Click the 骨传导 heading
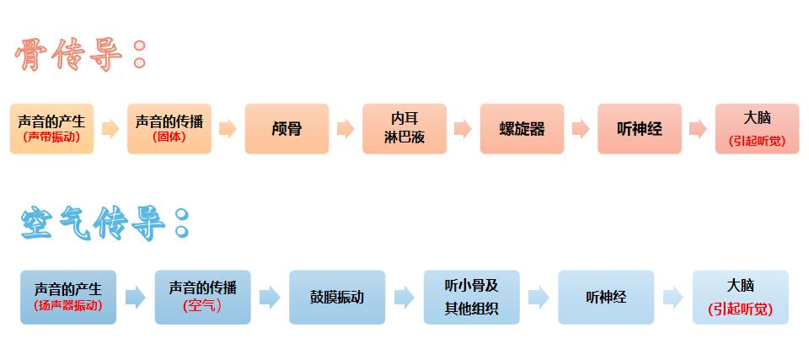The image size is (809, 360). (80, 56)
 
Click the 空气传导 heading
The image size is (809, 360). (101, 223)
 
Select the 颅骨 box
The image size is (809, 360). (287, 129)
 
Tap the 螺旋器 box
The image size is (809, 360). (522, 129)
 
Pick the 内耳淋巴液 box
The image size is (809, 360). (404, 129)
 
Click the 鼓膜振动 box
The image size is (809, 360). (336, 297)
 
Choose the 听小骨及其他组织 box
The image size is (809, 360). (471, 297)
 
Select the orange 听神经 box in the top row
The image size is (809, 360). (639, 129)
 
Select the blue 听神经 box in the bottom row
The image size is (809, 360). (606, 297)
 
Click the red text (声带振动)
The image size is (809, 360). (51, 137)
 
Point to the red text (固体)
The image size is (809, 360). (169, 137)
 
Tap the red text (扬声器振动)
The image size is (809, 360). (67, 306)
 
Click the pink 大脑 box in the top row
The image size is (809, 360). (756, 129)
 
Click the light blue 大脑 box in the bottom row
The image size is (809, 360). (740, 297)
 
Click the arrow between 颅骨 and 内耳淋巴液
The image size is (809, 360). (345, 129)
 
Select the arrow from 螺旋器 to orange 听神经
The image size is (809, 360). (580, 129)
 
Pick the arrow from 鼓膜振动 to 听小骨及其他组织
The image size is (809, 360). (404, 297)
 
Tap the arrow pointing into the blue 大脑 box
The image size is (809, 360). (672, 297)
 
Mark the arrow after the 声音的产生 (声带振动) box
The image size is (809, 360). (110, 129)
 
